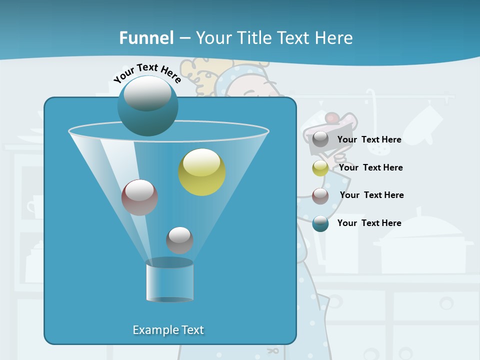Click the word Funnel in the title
(x=146, y=38)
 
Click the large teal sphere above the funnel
(x=147, y=106)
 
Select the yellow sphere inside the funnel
(x=202, y=172)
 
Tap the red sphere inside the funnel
(x=140, y=197)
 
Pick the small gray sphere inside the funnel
(x=179, y=240)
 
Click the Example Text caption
(x=168, y=330)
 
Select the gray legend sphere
(x=320, y=139)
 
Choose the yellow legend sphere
(x=320, y=168)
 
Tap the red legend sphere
(x=320, y=195)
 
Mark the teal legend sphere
(x=320, y=223)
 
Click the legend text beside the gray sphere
(x=369, y=139)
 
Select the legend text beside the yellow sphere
(x=370, y=167)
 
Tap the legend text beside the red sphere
(x=371, y=195)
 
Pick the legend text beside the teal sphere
(x=369, y=223)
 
